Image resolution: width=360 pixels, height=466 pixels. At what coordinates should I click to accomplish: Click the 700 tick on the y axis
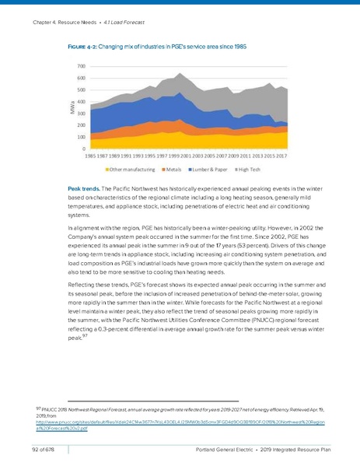tap(81, 67)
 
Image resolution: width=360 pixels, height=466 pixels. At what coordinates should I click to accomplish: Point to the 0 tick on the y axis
tap(83, 148)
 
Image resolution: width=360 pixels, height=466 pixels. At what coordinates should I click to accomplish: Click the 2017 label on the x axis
tap(282, 156)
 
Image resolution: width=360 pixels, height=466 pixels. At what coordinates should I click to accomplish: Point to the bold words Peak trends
tap(86, 189)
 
